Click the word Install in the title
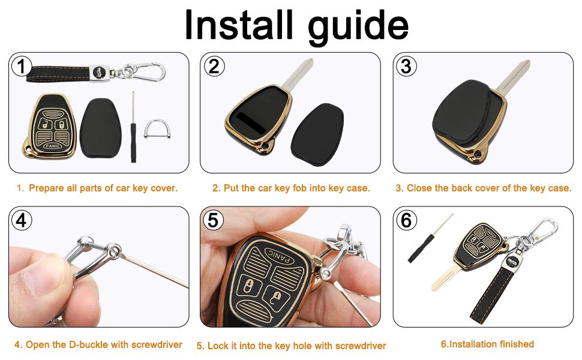[x=238, y=25]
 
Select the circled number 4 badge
[x=22, y=220]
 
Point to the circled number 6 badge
[x=406, y=220]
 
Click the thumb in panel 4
[x=36, y=282]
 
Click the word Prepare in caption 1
[x=46, y=188]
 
